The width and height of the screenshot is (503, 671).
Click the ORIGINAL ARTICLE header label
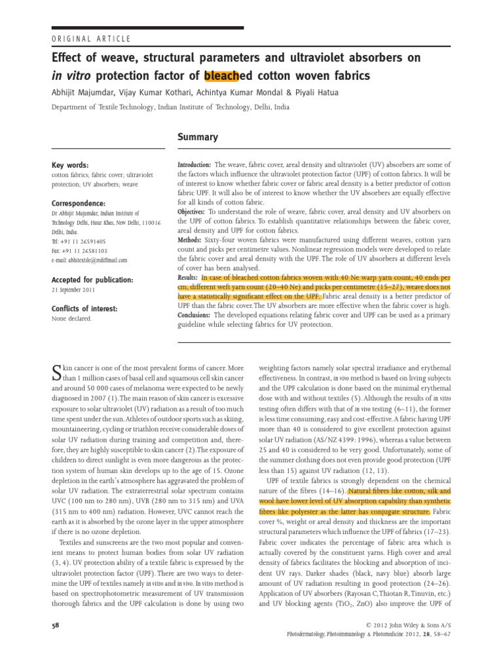pos(90,39)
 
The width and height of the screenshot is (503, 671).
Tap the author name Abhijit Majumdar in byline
pos(84,92)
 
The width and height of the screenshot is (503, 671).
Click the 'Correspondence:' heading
pos(79,204)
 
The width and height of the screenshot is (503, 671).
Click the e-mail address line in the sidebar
pos(89,259)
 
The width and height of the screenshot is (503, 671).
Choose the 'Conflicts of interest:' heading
pos(84,309)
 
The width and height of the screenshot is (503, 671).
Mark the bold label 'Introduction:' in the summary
pos(195,165)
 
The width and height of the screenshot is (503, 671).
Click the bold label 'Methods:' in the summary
pos(191,240)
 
